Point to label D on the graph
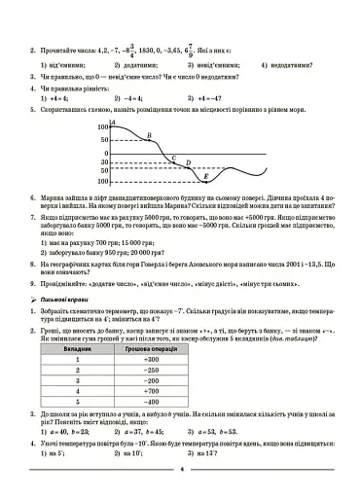pos(188,163)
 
